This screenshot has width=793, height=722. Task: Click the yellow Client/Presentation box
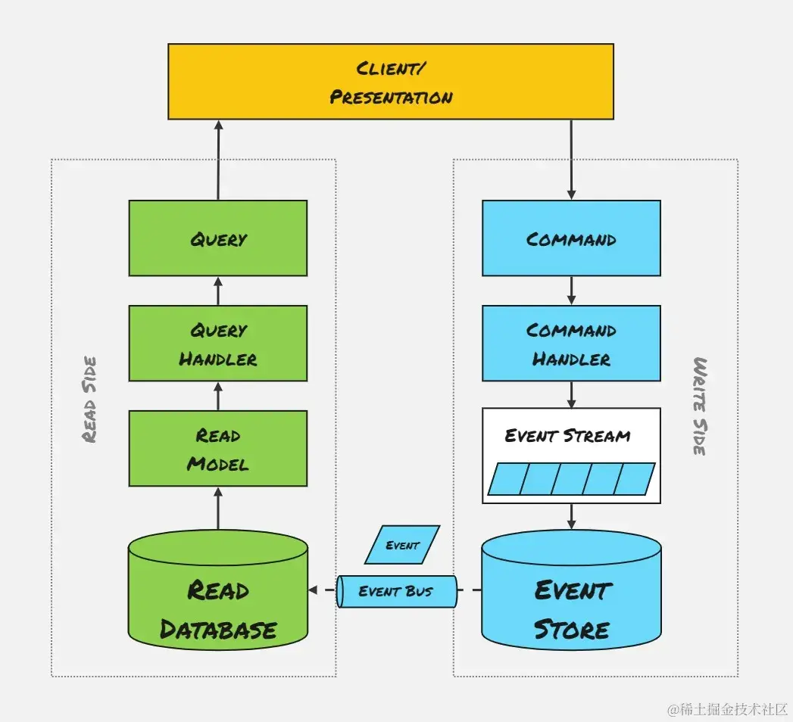point(390,81)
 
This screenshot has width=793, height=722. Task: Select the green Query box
point(218,238)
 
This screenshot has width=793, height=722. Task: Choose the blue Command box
point(571,238)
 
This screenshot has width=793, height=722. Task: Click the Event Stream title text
point(567,436)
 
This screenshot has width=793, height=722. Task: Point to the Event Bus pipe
point(396,591)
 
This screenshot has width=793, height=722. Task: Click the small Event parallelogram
point(402,545)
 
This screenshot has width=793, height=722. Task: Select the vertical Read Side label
point(89,400)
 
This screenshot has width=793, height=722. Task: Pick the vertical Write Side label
point(701,406)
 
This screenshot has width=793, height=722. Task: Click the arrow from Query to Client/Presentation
point(218,160)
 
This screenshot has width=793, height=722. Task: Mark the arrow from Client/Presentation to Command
point(571,160)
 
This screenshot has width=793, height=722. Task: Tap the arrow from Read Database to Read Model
point(218,509)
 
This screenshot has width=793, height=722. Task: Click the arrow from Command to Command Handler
point(571,291)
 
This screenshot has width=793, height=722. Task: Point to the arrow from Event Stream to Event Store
point(571,517)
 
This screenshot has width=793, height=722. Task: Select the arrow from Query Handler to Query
point(218,291)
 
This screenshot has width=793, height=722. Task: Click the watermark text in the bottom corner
point(727,709)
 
